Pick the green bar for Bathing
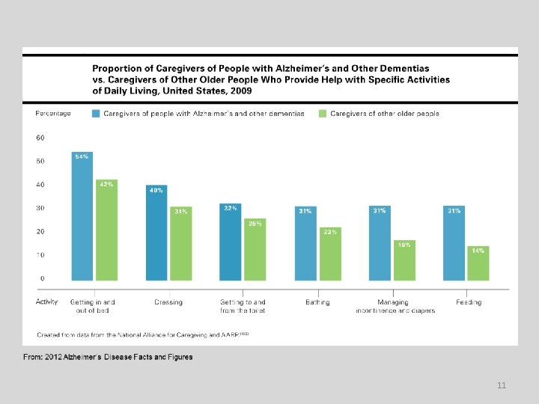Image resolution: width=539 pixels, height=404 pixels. coord(329,254)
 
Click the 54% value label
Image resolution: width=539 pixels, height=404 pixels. coord(82,156)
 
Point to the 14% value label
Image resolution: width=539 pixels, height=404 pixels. coord(478,251)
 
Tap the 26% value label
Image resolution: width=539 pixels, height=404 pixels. coord(255,223)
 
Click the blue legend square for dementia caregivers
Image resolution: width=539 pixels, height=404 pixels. coord(96,114)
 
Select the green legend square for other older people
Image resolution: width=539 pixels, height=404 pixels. coord(323,114)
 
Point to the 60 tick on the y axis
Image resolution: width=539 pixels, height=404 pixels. coord(40,138)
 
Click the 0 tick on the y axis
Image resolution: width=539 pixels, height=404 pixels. coord(42,278)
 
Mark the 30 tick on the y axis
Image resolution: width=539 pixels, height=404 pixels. coord(40,208)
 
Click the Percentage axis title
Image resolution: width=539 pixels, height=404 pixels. coord(53,114)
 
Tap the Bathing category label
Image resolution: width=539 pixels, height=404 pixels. coord(317,302)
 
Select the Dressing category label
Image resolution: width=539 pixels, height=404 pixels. coord(168,302)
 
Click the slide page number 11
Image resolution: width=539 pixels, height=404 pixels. coord(502,385)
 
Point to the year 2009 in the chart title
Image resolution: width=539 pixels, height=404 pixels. coord(240,91)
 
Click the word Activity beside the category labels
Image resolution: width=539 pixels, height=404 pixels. coord(47,302)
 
